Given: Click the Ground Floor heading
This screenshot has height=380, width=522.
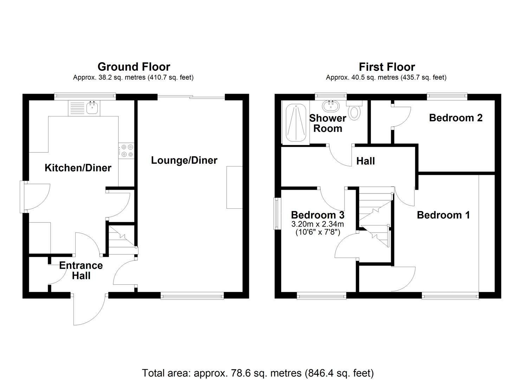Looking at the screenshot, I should click(x=134, y=66).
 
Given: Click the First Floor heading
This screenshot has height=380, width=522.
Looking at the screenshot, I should click(x=387, y=66).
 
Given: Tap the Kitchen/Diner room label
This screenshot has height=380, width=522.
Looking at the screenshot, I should click(x=78, y=168).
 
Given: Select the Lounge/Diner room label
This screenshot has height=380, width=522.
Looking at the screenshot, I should click(x=184, y=160).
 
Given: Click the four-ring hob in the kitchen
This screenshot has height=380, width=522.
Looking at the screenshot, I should click(x=126, y=151).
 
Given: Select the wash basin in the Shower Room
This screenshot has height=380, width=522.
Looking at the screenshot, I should click(x=330, y=106).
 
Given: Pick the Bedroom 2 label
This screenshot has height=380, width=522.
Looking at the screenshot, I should click(x=456, y=118).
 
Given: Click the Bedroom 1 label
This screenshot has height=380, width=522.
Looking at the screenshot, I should click(x=443, y=215).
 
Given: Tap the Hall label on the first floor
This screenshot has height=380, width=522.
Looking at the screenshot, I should click(x=366, y=161).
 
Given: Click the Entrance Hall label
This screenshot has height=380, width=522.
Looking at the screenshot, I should click(x=81, y=270).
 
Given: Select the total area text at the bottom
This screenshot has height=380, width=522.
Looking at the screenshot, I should click(x=258, y=373).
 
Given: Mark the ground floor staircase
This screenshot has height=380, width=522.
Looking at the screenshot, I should click(x=121, y=239).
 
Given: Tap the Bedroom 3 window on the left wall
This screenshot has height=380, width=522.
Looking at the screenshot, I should click(x=277, y=214).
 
